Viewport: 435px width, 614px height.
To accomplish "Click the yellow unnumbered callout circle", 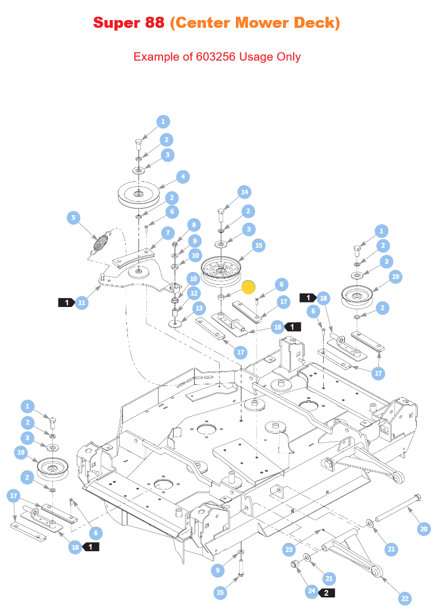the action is click(248, 287).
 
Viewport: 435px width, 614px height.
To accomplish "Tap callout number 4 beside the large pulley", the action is click(183, 177).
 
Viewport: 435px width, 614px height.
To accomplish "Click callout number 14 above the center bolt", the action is click(245, 192).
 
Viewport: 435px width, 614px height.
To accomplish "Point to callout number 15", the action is click(259, 245).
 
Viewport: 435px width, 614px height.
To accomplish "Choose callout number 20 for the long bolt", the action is click(424, 529).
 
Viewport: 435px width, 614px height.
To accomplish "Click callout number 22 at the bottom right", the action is click(405, 598).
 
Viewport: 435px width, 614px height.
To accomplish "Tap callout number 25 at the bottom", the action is click(220, 592).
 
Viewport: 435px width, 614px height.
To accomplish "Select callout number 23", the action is click(289, 550).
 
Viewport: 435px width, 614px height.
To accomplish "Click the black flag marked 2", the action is click(326, 593).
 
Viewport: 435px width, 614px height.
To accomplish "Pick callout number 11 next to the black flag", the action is click(81, 303).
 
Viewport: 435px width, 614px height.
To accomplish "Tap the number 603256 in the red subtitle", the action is click(216, 57).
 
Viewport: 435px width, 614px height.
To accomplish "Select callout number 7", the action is click(169, 233).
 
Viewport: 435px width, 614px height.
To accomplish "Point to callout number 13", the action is click(199, 308).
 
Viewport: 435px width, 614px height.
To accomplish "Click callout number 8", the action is click(194, 225).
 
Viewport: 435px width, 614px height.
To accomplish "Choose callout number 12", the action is click(194, 293).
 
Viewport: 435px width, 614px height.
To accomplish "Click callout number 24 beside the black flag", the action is click(312, 591).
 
